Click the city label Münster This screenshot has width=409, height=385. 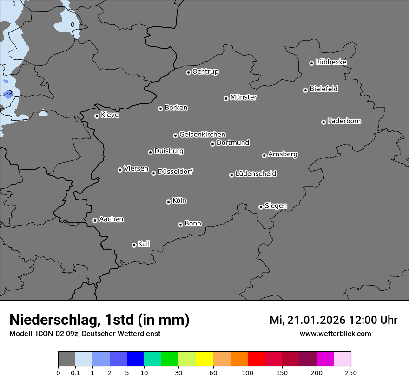click(244, 97)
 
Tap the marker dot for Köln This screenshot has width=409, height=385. click(168, 202)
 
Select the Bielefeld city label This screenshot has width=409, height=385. click(323, 89)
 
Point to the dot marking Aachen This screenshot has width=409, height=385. click(95, 220)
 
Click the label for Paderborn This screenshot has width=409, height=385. click(344, 121)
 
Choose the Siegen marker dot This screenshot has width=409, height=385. click(261, 207)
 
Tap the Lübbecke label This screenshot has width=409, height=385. click(331, 62)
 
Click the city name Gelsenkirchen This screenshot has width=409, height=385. click(202, 135)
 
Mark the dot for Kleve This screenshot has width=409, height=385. click(97, 116)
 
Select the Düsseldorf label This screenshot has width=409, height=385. click(175, 172)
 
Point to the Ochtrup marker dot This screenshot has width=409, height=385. click(188, 72)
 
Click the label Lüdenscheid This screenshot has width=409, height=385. click(256, 174)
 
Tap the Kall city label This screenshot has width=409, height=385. click(144, 244)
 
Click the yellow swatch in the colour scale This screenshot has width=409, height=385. click(204, 359)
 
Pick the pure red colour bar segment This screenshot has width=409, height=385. click(256, 359)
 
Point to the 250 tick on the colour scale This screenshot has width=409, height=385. click(351, 372)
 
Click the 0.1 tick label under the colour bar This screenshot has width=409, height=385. click(75, 372)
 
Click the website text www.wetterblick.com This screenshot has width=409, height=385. click(335, 334)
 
